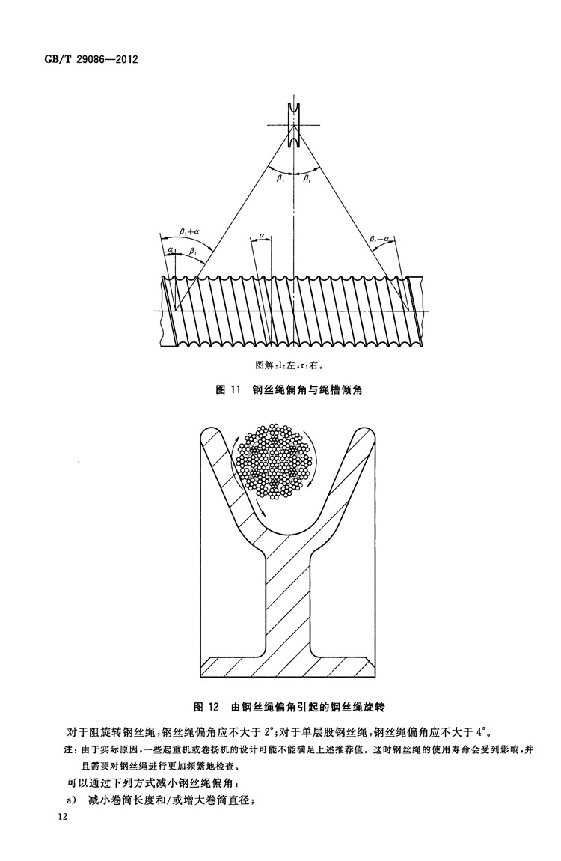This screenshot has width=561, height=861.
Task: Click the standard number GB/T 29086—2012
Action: point(91,58)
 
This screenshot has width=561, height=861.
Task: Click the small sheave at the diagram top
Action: point(295,125)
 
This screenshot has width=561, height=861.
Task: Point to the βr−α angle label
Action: point(379,239)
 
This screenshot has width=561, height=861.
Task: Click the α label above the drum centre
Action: point(262,235)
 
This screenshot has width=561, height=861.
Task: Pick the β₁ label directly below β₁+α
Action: point(193,250)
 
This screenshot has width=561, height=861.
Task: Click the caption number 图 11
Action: point(229,390)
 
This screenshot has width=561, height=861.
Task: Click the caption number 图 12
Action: point(206,707)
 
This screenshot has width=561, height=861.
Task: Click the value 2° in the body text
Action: point(269,732)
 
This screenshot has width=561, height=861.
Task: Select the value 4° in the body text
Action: point(482,732)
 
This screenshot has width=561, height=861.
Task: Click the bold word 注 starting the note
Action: point(69,749)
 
